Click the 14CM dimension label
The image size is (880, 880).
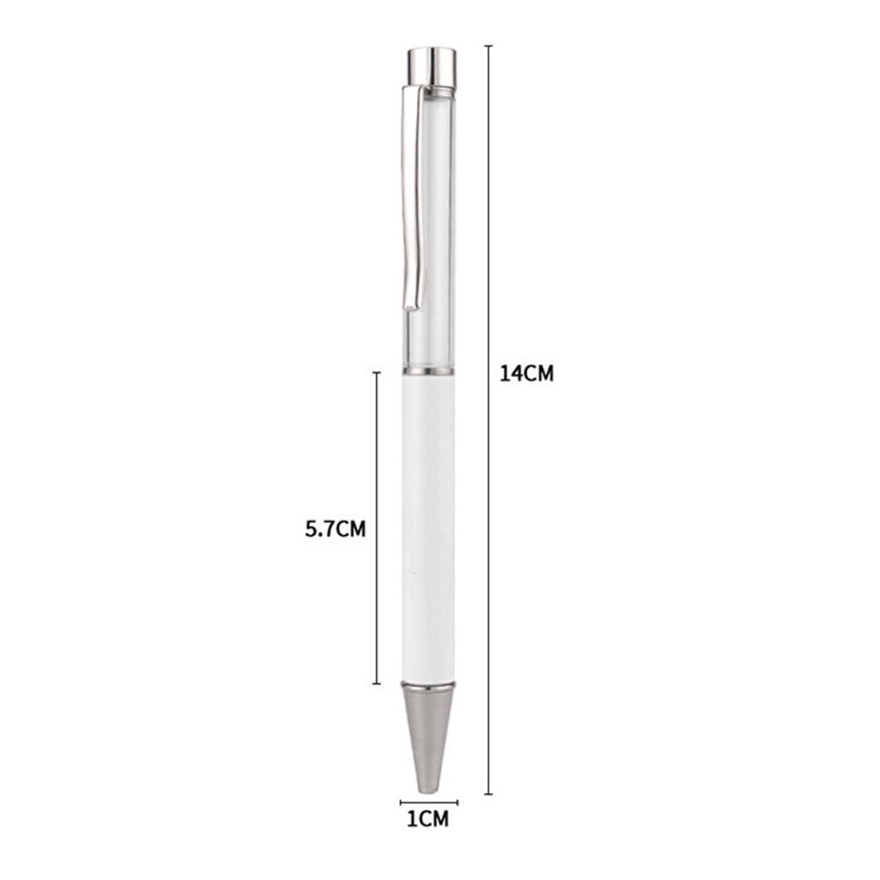(x=526, y=374)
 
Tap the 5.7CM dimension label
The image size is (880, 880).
(x=335, y=529)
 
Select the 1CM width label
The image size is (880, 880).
(x=428, y=819)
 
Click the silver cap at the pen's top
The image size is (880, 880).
(x=431, y=68)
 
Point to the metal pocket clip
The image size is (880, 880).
(x=413, y=197)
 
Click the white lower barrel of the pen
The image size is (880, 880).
(x=429, y=527)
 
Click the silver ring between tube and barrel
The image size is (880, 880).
(x=429, y=371)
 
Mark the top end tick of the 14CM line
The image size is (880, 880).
(x=488, y=46)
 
